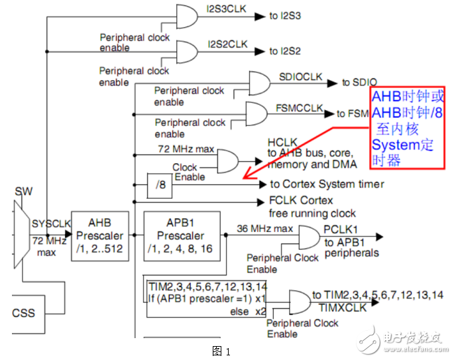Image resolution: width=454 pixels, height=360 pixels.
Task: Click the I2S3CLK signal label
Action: click(227, 9)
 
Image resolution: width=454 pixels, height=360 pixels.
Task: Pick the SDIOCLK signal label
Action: click(300, 77)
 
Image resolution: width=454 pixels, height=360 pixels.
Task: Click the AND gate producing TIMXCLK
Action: click(299, 302)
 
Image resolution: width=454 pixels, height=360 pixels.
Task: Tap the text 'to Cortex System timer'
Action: click(327, 184)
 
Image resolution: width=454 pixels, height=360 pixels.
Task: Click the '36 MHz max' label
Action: click(265, 229)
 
